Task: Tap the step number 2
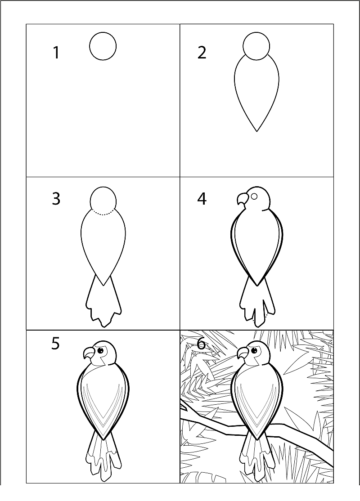coord(202,53)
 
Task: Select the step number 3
coord(56,199)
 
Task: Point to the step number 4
coord(202,199)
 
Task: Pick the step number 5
coord(56,344)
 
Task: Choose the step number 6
coord(202,344)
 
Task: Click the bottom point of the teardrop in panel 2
coord(257,131)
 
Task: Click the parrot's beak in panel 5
coord(90,353)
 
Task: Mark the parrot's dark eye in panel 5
coord(101,350)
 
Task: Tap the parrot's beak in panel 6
coord(243,353)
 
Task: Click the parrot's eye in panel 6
coord(255,350)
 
